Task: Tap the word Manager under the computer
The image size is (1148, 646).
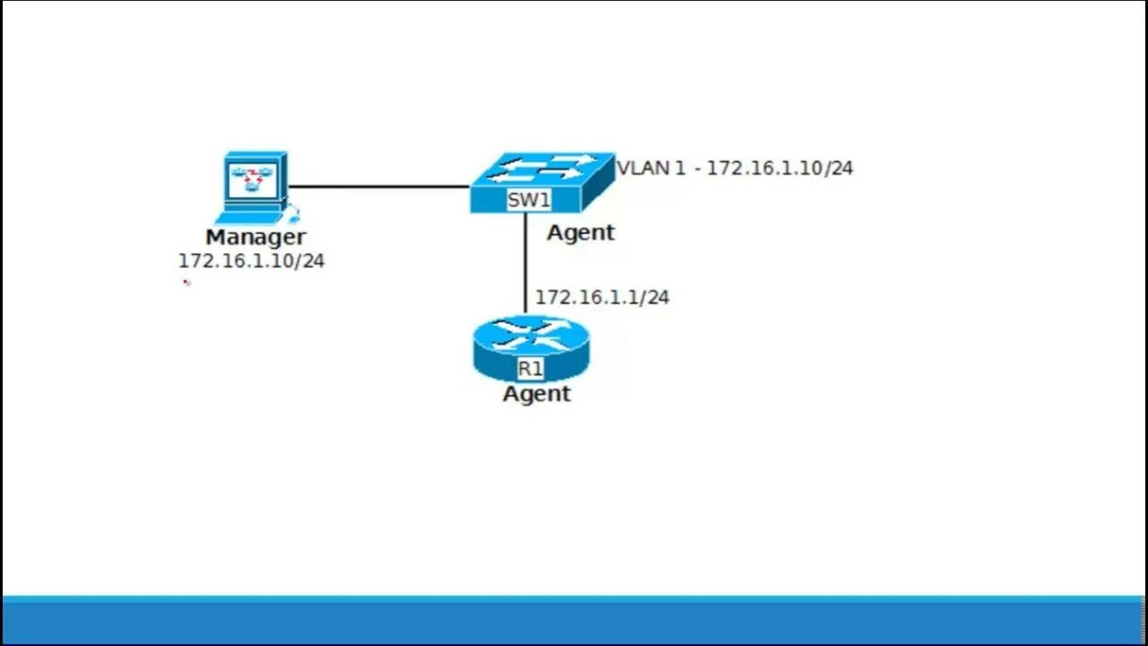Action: point(256,238)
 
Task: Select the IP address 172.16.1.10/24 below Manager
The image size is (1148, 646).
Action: point(251,261)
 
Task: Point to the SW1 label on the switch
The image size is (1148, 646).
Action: point(528,200)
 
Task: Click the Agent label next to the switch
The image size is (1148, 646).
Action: point(580,232)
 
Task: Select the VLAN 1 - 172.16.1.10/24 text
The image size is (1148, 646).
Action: point(735,168)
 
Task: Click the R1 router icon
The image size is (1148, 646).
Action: point(531,348)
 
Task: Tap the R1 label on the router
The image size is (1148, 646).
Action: point(530,368)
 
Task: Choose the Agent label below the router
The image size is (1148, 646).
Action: point(536,394)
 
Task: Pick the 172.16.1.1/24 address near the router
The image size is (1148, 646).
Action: point(602,297)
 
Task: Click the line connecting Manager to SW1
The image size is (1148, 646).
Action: point(377,187)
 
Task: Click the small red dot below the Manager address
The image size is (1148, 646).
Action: point(187,283)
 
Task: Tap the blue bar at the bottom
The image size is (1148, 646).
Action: point(574,621)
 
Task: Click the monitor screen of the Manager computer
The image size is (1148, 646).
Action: point(254,178)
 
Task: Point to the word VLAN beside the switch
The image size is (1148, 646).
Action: point(643,168)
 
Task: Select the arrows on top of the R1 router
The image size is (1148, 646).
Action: point(531,333)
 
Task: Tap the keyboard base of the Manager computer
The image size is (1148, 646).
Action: point(251,216)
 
